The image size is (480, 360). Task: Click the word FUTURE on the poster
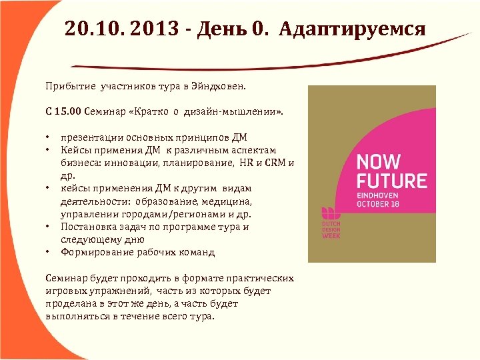click(392, 181)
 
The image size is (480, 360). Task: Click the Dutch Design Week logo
click(331, 221)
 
